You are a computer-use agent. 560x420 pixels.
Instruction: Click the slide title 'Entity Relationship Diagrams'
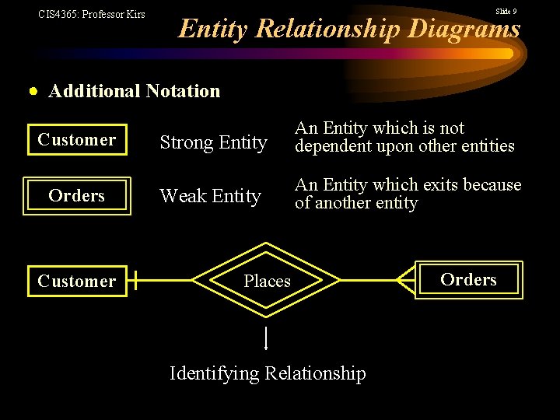coord(349,29)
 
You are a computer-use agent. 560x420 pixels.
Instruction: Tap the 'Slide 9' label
coord(506,11)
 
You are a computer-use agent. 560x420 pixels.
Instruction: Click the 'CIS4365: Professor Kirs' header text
coord(92,14)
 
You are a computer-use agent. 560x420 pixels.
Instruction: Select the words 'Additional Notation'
coord(135,91)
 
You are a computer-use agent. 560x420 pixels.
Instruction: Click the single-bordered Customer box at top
coord(77,140)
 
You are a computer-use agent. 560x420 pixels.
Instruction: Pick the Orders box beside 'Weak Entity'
coord(77,195)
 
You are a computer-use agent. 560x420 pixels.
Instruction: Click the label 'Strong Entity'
coord(213,142)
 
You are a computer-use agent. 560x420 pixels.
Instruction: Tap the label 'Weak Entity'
coord(210,197)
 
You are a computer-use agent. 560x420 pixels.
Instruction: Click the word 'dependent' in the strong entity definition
coord(330,146)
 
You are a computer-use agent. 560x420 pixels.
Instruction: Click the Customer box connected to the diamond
coord(77,281)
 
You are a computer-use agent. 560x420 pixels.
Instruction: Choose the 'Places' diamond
coord(267,280)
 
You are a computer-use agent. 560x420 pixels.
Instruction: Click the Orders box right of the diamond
coord(468,279)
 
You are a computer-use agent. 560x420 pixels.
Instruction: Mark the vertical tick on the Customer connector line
coord(135,281)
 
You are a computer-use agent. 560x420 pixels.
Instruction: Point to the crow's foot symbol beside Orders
coord(406,280)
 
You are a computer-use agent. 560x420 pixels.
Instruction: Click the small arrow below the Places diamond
coord(266,339)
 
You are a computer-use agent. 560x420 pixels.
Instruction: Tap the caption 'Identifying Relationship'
coord(268,373)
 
